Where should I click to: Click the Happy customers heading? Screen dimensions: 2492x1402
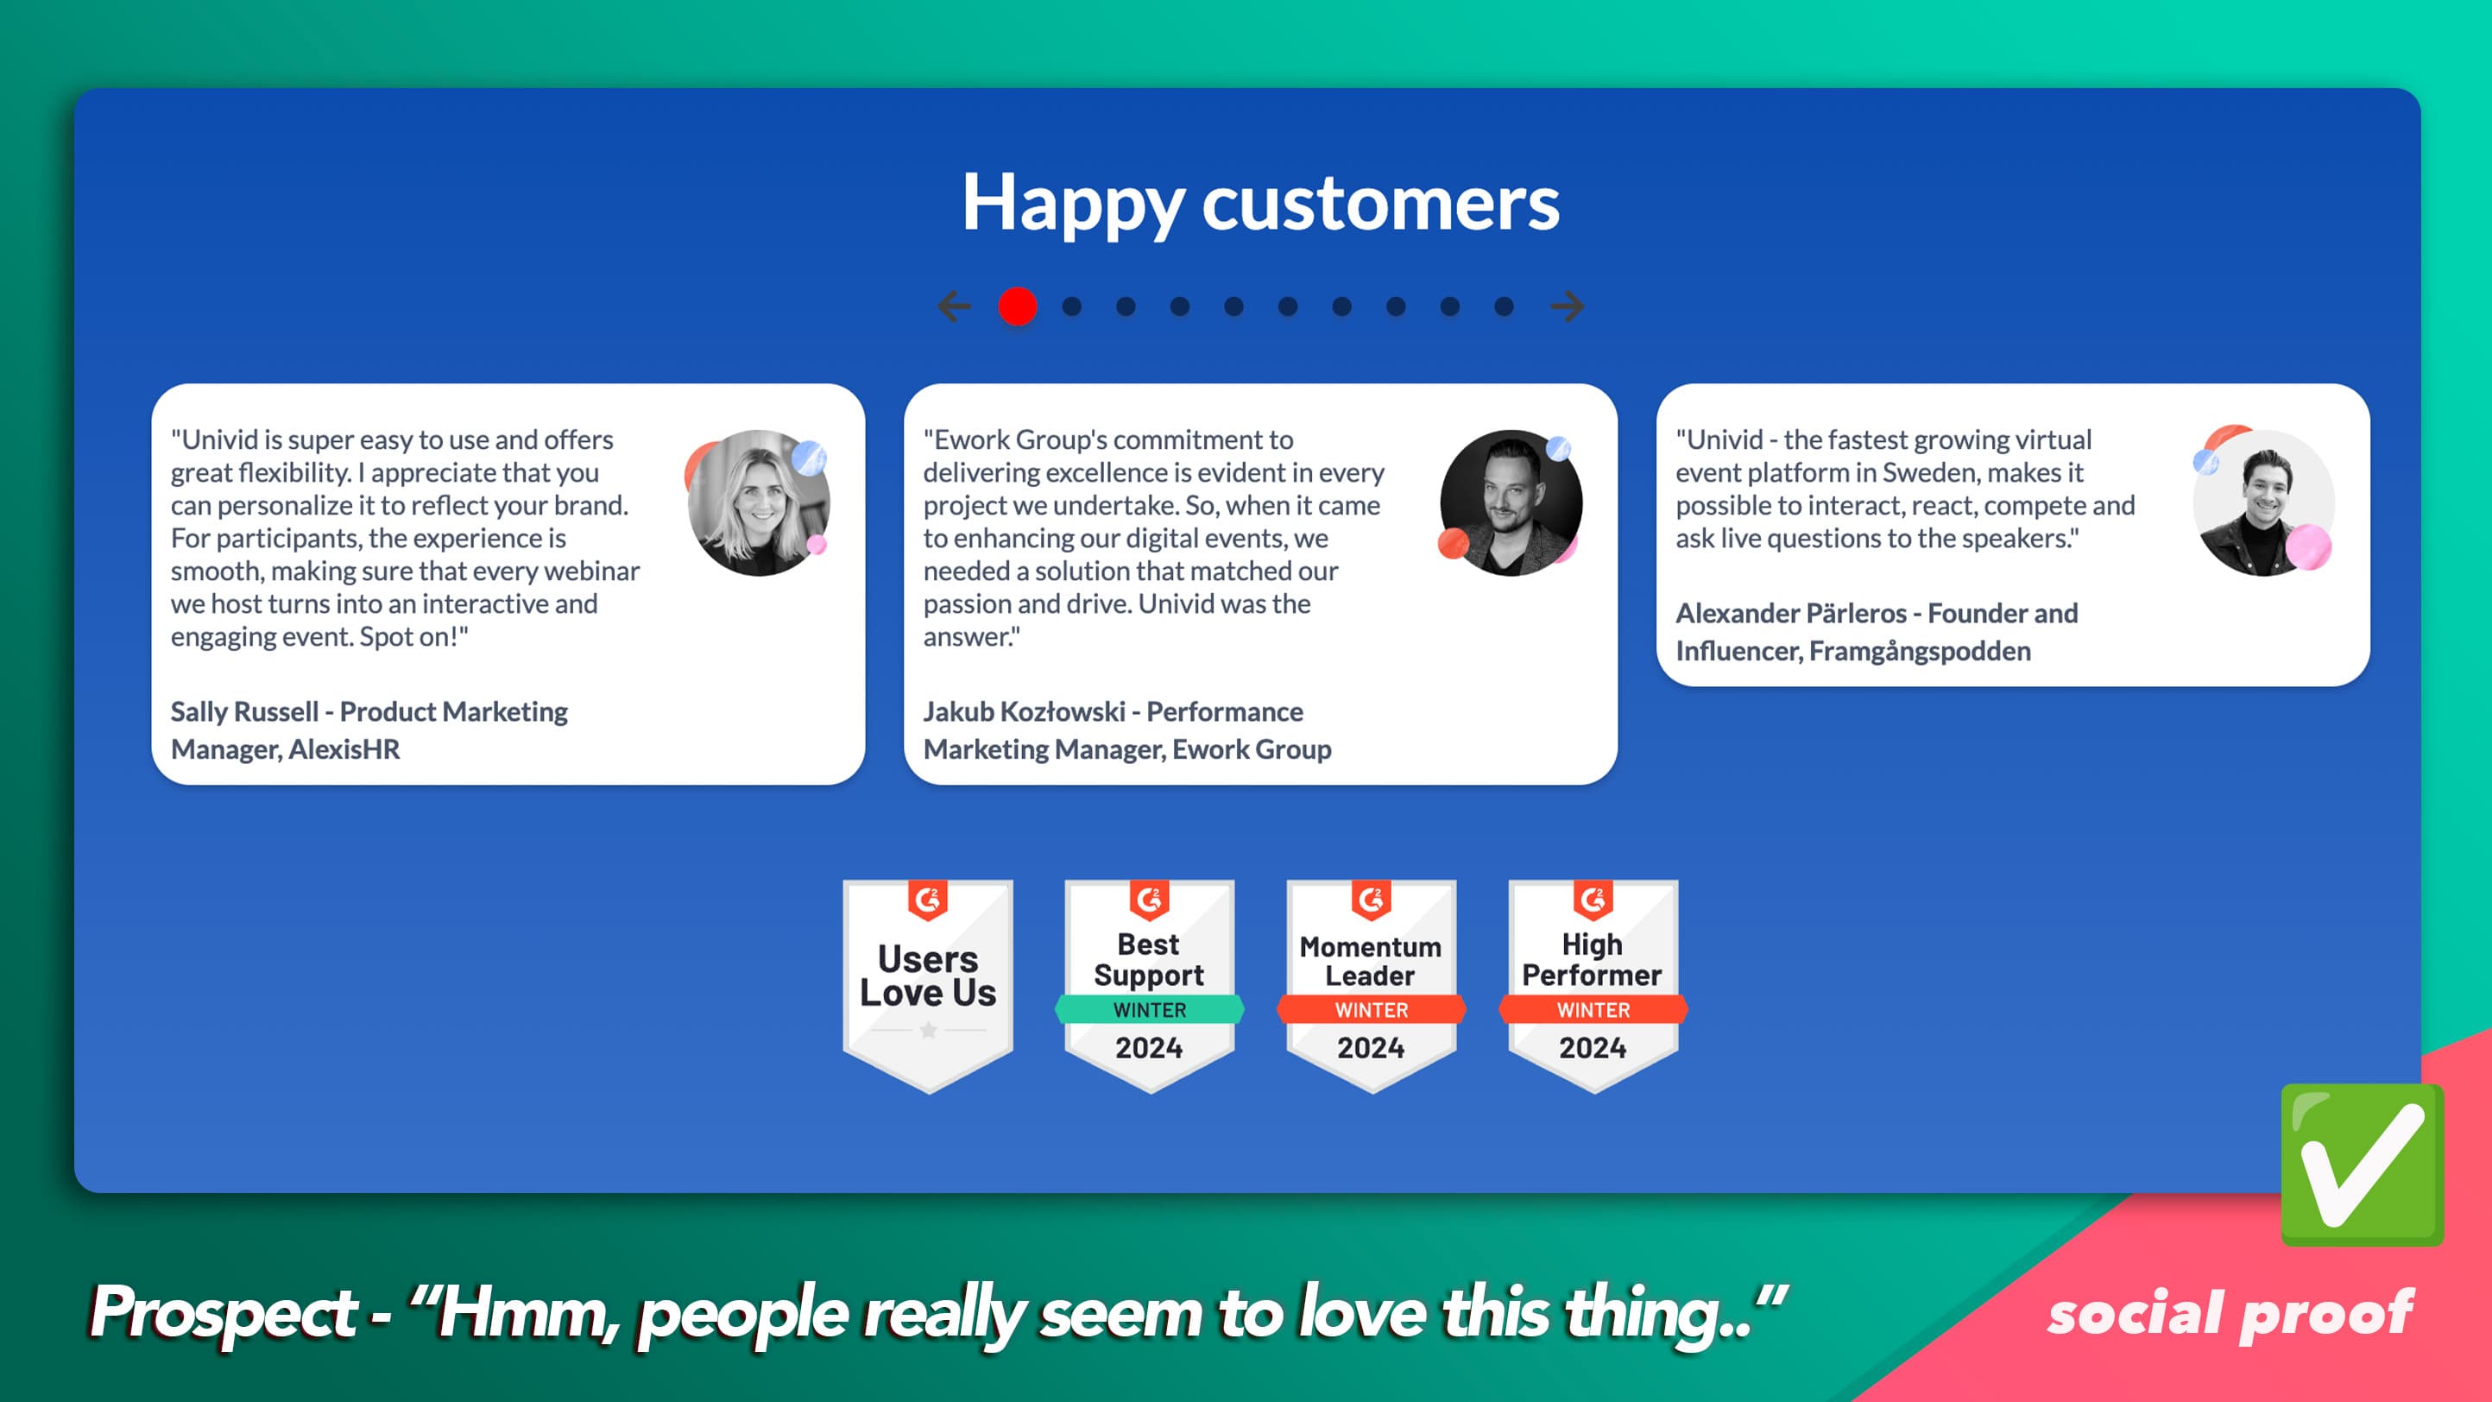[1259, 204]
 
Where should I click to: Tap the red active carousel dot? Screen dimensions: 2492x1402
[1018, 306]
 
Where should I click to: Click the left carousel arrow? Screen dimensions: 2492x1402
[955, 306]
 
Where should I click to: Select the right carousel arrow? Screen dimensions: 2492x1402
[1568, 306]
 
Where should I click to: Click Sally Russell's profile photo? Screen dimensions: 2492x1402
[759, 503]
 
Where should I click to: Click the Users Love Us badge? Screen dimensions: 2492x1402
[928, 986]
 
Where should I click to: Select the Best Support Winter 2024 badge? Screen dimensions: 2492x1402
[1149, 986]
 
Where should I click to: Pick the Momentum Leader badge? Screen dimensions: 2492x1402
[1371, 986]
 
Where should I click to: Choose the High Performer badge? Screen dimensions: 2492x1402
[1593, 986]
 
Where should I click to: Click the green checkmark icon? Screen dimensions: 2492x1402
[2363, 1165]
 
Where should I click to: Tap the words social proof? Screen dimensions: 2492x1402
[2230, 1314]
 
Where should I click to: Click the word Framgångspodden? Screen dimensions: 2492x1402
[1921, 652]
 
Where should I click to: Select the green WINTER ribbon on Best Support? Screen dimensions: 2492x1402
[1149, 1009]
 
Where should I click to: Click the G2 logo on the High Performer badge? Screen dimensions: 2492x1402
[1593, 900]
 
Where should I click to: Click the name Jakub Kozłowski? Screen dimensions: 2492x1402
[1025, 712]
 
